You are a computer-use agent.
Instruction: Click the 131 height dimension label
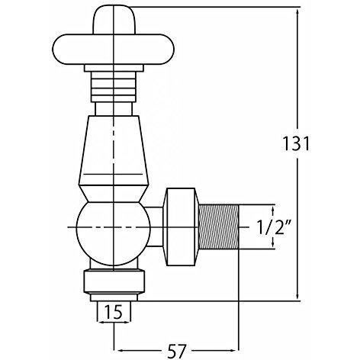(297, 143)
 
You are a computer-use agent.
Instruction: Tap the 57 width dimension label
(177, 351)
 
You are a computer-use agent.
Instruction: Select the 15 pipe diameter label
(114, 312)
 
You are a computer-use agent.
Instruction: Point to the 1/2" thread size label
(274, 227)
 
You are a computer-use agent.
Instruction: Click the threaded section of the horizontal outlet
(219, 227)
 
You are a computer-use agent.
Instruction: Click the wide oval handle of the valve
(114, 50)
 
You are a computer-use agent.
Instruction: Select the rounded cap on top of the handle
(114, 20)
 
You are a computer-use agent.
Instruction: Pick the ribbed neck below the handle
(114, 87)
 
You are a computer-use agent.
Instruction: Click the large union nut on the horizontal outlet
(182, 227)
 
